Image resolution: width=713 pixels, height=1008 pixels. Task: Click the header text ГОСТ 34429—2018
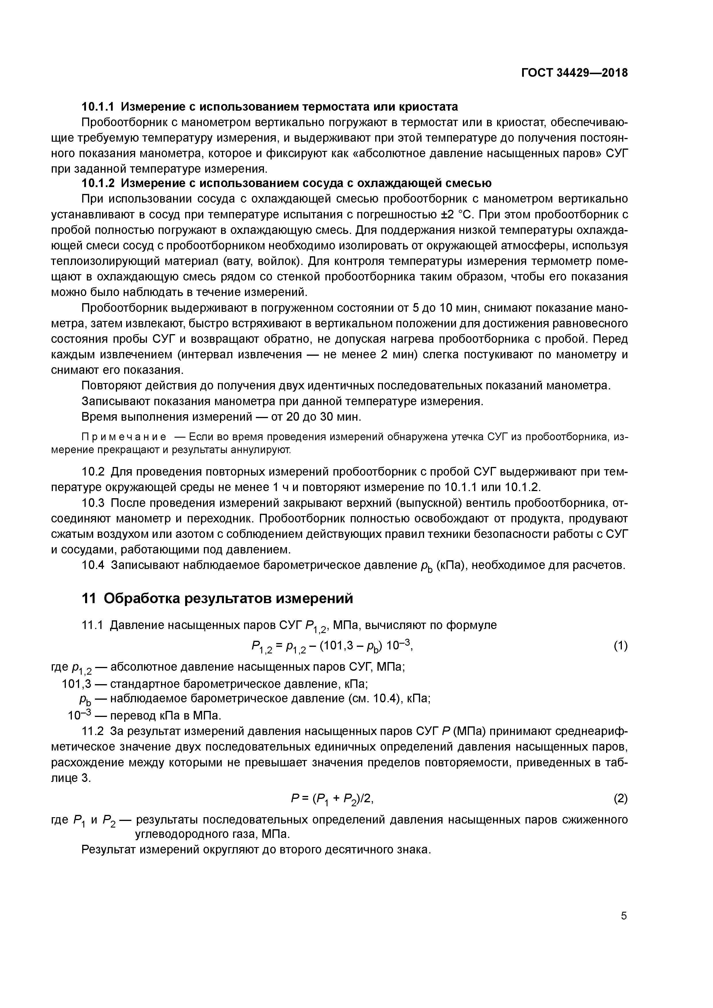(x=574, y=73)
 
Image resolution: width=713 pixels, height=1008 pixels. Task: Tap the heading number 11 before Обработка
(x=89, y=598)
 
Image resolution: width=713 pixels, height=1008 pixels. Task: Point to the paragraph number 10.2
(x=93, y=472)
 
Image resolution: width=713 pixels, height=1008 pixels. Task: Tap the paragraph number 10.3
(x=93, y=503)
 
